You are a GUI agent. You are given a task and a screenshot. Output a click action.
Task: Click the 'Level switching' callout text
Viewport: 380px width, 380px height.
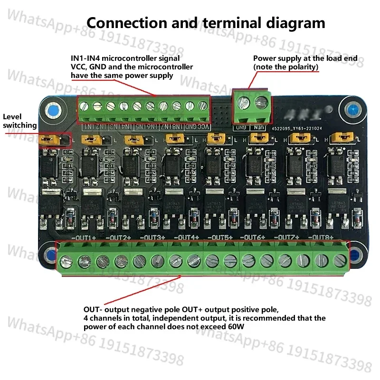coord(19,121)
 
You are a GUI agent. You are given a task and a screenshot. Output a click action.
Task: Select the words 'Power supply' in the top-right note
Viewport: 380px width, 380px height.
coord(273,58)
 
